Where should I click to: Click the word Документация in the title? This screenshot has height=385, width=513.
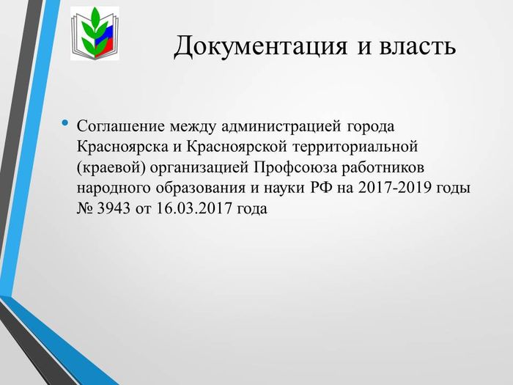pyautogui.click(x=260, y=45)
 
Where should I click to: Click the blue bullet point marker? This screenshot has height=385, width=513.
pyautogui.click(x=65, y=123)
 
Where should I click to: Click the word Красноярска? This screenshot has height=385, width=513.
pyautogui.click(x=122, y=147)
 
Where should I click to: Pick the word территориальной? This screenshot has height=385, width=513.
pyautogui.click(x=355, y=147)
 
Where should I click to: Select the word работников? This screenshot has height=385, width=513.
pyautogui.click(x=383, y=168)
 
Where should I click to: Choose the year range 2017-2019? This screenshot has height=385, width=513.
pyautogui.click(x=394, y=188)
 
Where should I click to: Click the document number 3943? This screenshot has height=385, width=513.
pyautogui.click(x=114, y=208)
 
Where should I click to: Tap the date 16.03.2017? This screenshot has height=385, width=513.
pyautogui.click(x=194, y=208)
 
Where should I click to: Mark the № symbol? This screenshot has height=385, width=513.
pyautogui.click(x=85, y=208)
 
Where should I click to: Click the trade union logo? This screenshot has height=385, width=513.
pyautogui.click(x=95, y=34)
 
